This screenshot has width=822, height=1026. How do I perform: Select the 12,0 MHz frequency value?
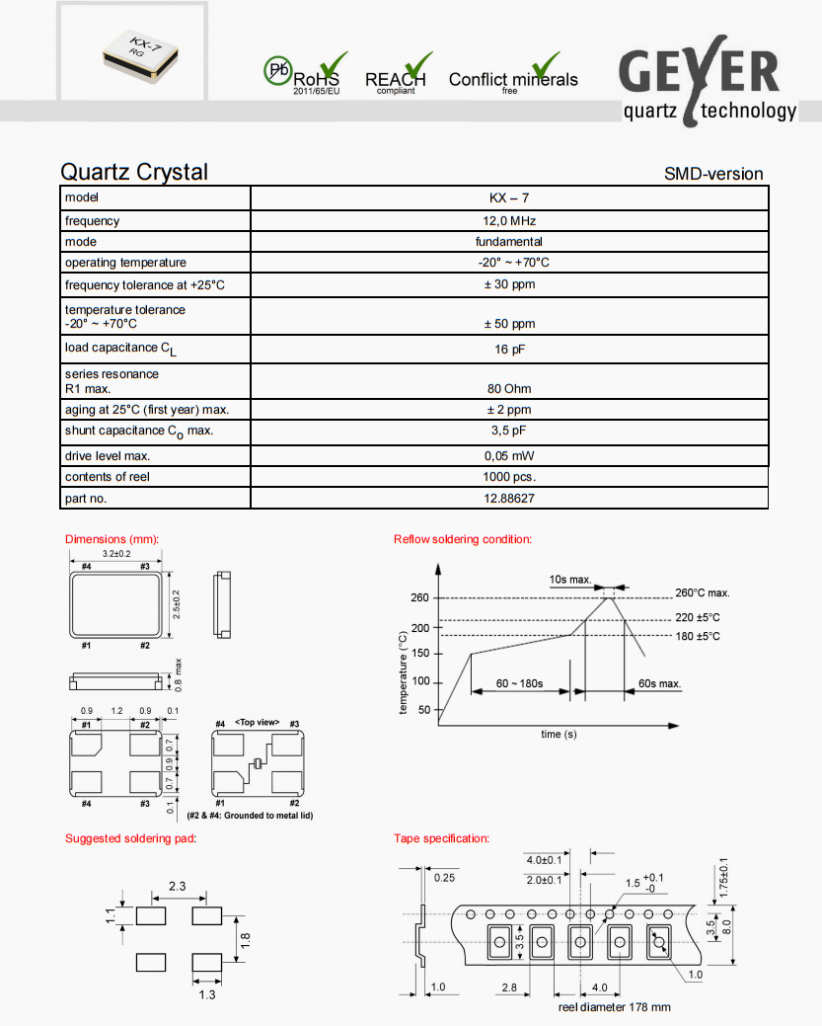508,221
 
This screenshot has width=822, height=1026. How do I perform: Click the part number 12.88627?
508,499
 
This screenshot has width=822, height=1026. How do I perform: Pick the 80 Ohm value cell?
508,388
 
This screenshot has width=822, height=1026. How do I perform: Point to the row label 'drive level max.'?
108,456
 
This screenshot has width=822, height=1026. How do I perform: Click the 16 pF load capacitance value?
508,350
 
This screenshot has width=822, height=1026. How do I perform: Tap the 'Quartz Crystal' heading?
134,172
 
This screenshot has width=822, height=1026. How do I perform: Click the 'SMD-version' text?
713,175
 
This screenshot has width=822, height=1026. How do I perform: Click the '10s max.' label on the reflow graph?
570,580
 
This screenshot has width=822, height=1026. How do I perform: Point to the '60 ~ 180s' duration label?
520,683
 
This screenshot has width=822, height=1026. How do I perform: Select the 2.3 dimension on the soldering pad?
178,887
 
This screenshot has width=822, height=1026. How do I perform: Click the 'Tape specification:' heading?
441,838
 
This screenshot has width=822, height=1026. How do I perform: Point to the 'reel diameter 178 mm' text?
614,1007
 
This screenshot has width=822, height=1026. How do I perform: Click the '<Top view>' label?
257,724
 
